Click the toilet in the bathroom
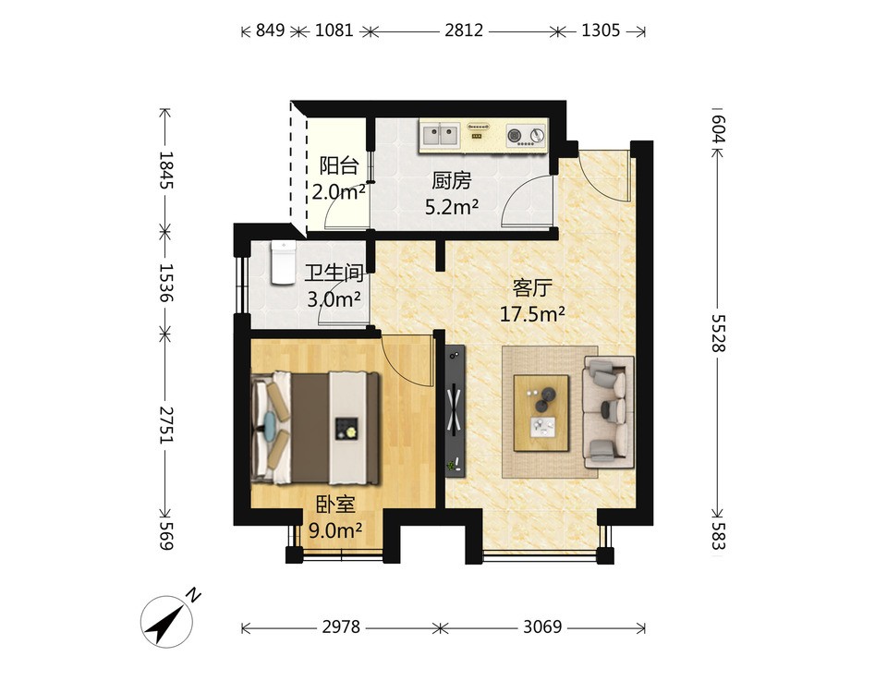click(x=284, y=261)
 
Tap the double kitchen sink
click(x=440, y=136)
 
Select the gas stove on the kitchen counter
click(x=526, y=135)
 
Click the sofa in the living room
click(x=608, y=412)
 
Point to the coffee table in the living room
click(x=541, y=413)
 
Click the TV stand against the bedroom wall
click(x=455, y=410)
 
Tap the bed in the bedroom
click(x=315, y=428)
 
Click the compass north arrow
click(x=166, y=622)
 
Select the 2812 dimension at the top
click(x=464, y=30)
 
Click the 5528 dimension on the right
click(x=717, y=334)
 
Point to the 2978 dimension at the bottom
click(x=341, y=626)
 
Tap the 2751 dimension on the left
click(x=165, y=424)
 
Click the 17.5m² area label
click(x=532, y=313)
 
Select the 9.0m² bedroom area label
click(x=335, y=530)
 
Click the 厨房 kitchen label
click(x=452, y=181)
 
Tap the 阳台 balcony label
click(x=339, y=165)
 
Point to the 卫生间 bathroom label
click(x=334, y=274)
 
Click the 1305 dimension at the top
click(x=601, y=30)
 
